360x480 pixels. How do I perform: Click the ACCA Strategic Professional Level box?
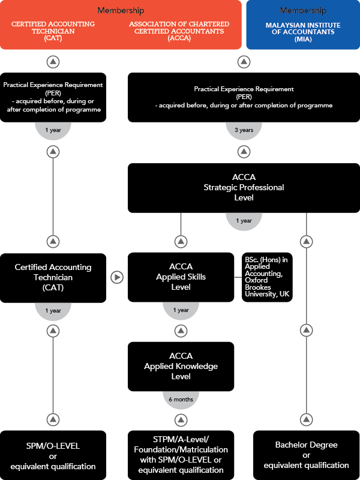(x=244, y=188)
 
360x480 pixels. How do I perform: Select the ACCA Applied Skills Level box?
(x=181, y=277)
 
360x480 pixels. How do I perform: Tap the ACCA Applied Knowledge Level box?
(x=181, y=367)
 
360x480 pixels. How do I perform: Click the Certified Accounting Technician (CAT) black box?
(x=53, y=278)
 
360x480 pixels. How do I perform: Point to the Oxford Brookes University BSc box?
(x=267, y=277)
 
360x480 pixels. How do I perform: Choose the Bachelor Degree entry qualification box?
(x=307, y=455)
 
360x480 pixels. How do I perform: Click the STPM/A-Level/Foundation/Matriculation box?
(x=181, y=455)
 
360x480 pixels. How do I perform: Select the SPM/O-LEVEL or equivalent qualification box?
(x=53, y=455)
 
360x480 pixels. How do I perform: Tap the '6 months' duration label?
(x=181, y=400)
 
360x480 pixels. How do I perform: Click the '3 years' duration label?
(x=244, y=130)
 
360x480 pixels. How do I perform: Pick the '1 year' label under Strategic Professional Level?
(x=244, y=221)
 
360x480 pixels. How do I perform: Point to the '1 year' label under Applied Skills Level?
(x=181, y=310)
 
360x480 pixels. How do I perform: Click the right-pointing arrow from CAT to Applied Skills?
(x=116, y=277)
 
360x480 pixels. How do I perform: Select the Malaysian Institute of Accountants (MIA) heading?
(x=303, y=32)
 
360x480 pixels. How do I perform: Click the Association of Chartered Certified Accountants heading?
(x=179, y=31)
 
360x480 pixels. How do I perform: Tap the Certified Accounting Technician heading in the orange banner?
(x=53, y=31)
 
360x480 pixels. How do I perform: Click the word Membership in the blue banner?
(x=303, y=11)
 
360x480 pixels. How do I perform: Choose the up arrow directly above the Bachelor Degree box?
(x=306, y=419)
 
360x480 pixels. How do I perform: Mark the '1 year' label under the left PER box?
(x=53, y=130)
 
